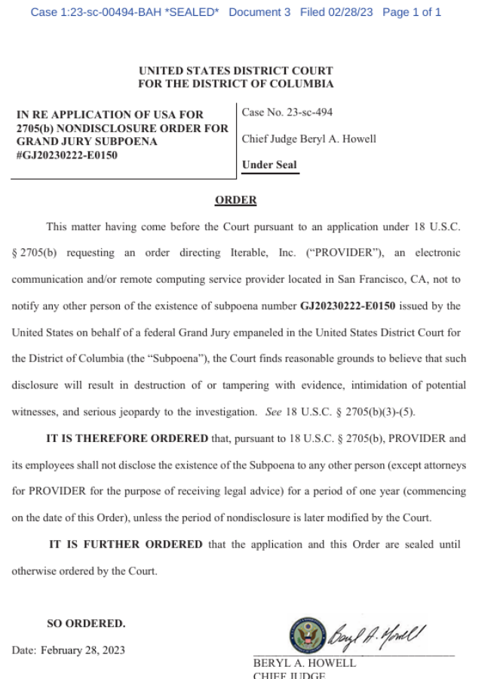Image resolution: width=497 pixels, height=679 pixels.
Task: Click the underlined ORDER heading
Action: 235,200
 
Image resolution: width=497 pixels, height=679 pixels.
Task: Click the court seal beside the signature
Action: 306,635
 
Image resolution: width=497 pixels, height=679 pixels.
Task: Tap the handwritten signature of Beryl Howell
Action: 377,634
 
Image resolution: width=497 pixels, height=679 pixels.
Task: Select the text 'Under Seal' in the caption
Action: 269,165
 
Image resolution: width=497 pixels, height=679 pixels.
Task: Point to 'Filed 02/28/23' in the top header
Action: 336,12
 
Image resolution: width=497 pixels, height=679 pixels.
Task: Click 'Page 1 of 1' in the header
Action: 412,12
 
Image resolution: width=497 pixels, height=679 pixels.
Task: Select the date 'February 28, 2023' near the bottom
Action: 83,650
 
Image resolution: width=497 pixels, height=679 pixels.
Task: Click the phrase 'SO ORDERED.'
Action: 86,624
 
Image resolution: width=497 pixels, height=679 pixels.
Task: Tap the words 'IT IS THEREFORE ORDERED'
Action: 127,438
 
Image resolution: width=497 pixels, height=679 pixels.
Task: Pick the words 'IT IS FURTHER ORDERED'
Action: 126,544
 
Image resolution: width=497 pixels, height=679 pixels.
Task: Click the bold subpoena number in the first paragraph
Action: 348,306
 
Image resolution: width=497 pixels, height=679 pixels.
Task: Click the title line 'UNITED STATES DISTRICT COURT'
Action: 235,71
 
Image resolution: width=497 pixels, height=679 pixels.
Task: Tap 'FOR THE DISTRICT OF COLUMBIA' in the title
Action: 235,84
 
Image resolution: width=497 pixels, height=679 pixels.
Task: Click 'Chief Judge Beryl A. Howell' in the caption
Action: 308,139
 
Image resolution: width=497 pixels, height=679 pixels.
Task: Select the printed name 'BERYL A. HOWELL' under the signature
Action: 305,663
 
